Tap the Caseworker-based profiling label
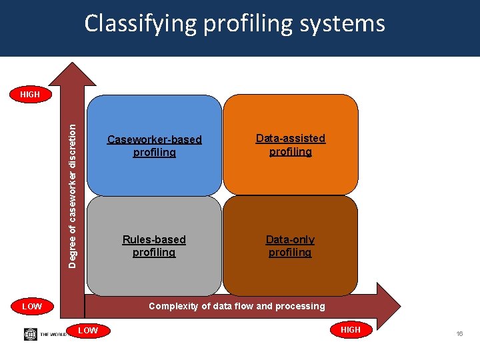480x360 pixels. (154, 146)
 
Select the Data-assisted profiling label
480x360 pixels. (291, 145)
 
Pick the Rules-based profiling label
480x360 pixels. (154, 246)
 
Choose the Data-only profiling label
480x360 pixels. (290, 246)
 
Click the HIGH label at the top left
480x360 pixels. (30, 95)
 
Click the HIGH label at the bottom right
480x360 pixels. (350, 330)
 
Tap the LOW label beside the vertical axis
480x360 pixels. (32, 307)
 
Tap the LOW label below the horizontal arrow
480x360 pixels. (87, 331)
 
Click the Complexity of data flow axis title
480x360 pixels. (237, 307)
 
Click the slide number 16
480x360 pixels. (459, 333)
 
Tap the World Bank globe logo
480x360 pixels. (31, 334)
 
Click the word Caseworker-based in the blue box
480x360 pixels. (154, 140)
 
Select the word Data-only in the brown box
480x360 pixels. (290, 239)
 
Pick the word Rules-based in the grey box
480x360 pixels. (154, 239)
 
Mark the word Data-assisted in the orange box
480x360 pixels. (291, 139)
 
